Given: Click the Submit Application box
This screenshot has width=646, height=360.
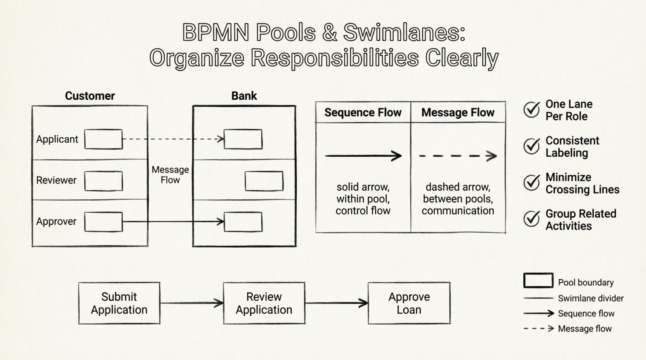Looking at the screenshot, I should pos(119,303).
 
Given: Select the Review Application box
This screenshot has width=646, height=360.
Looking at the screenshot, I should pos(264,303).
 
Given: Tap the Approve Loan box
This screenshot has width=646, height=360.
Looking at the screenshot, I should pos(409,303).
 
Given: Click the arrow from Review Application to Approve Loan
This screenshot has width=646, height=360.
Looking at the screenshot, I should pos(336,303).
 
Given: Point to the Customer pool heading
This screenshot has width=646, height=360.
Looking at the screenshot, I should pos(90,96).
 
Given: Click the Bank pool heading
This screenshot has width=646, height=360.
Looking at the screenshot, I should pos(244,96).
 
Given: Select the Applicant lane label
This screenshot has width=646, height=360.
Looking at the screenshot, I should pos(57,139).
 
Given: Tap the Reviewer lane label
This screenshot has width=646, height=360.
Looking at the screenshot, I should pos(56,180).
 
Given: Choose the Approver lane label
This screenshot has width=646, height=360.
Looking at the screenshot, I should pos(56,222).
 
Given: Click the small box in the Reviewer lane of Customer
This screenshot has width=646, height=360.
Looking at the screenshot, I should pos(103,181).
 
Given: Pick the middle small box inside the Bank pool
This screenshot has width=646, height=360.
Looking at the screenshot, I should pos(264,181).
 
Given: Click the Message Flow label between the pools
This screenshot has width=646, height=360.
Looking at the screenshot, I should pos(170,175).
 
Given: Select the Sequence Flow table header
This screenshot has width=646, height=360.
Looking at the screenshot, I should pos(363,112).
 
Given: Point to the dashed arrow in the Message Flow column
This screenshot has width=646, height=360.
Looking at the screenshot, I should pos(458,156).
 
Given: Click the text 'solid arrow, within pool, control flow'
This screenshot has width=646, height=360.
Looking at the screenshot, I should pos(363,199).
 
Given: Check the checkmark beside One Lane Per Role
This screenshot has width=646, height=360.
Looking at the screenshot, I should pos(531,109).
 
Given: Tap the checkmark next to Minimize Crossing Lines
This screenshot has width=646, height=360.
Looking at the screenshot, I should pos(531,182).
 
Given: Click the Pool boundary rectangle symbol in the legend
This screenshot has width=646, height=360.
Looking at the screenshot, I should pos(538,280).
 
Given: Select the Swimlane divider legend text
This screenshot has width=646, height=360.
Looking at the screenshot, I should pos(590,298).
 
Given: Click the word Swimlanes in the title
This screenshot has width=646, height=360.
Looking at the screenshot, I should pos(404,33).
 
